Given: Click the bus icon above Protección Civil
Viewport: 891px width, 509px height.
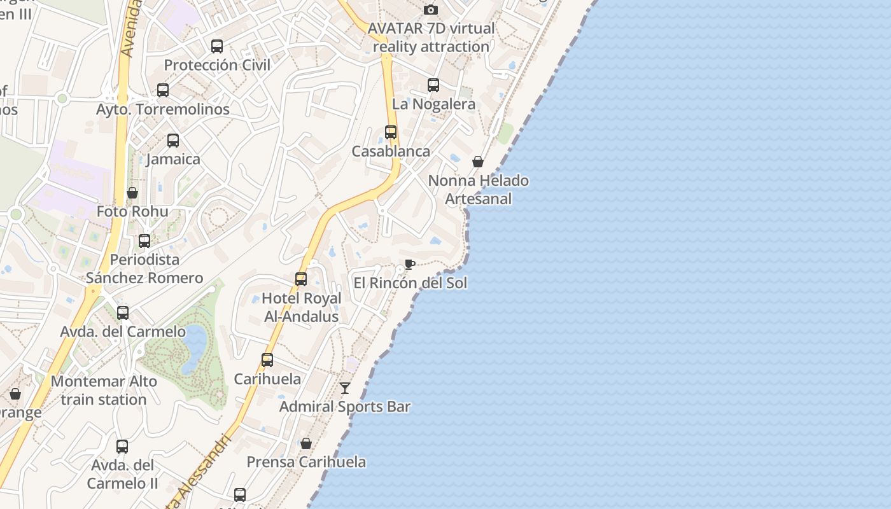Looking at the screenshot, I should pyautogui.click(x=217, y=46).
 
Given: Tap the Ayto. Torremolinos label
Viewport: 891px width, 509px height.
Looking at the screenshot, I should pyautogui.click(x=163, y=109).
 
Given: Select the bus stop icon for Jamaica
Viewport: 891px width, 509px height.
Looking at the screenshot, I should pyautogui.click(x=173, y=141).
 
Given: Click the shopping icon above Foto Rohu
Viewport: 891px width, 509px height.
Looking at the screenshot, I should pyautogui.click(x=132, y=193).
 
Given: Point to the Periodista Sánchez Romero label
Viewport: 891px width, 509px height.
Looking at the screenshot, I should pyautogui.click(x=144, y=268).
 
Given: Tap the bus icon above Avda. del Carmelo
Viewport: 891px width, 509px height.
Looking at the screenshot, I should pyautogui.click(x=123, y=313).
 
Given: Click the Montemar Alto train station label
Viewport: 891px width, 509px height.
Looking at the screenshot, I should pyautogui.click(x=104, y=391).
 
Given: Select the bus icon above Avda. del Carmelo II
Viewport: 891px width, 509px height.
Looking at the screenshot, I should pyautogui.click(x=122, y=447).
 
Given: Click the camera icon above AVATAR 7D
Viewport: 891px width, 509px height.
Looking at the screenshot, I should pyautogui.click(x=431, y=10).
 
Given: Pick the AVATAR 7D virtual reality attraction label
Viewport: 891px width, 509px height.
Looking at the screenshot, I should pyautogui.click(x=431, y=38).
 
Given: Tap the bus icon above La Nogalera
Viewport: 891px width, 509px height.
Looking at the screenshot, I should pyautogui.click(x=433, y=85).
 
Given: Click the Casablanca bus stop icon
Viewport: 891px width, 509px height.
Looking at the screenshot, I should pyautogui.click(x=391, y=132).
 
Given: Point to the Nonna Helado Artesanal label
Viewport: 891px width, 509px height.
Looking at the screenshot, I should pyautogui.click(x=478, y=190).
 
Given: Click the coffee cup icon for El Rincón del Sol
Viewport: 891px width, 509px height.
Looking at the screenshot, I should pyautogui.click(x=410, y=264).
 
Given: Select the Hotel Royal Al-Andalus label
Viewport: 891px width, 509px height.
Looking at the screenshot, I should pyautogui.click(x=302, y=307).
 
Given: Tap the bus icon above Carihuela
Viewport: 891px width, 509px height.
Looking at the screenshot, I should pyautogui.click(x=267, y=360).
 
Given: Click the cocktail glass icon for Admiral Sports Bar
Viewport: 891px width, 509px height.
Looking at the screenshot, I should pyautogui.click(x=345, y=387).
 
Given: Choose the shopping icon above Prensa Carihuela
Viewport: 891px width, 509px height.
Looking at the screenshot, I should pyautogui.click(x=306, y=443).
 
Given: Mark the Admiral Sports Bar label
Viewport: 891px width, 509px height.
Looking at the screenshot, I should pyautogui.click(x=345, y=407).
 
